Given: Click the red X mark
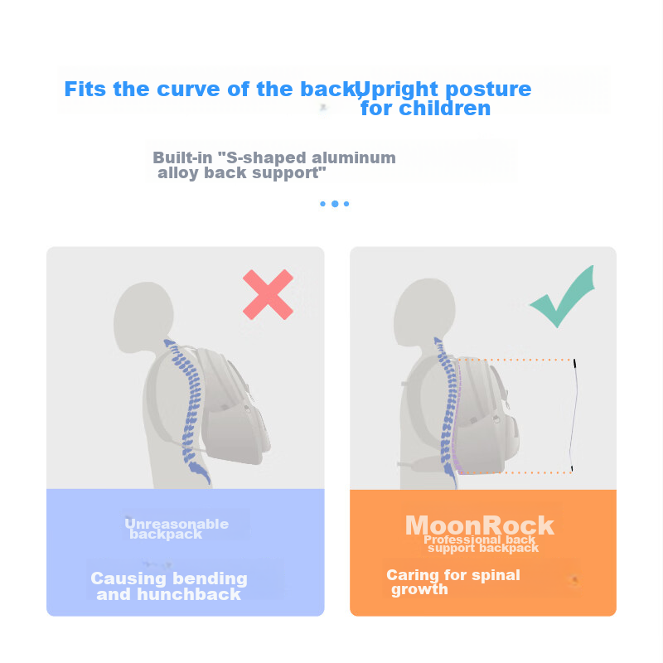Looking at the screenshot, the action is (x=268, y=295).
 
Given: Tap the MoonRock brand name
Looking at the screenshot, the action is (x=480, y=525).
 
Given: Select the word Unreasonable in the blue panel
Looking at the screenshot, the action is (x=177, y=524).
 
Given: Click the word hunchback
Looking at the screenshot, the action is (x=189, y=594).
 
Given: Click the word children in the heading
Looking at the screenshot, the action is (x=445, y=109).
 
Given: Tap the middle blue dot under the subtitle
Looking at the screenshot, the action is (x=335, y=204).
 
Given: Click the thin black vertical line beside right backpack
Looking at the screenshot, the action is (x=575, y=415).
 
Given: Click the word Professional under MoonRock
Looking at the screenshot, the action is (x=462, y=540).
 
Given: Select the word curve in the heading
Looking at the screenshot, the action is (x=188, y=90).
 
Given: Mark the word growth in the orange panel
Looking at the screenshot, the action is (x=419, y=589).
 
